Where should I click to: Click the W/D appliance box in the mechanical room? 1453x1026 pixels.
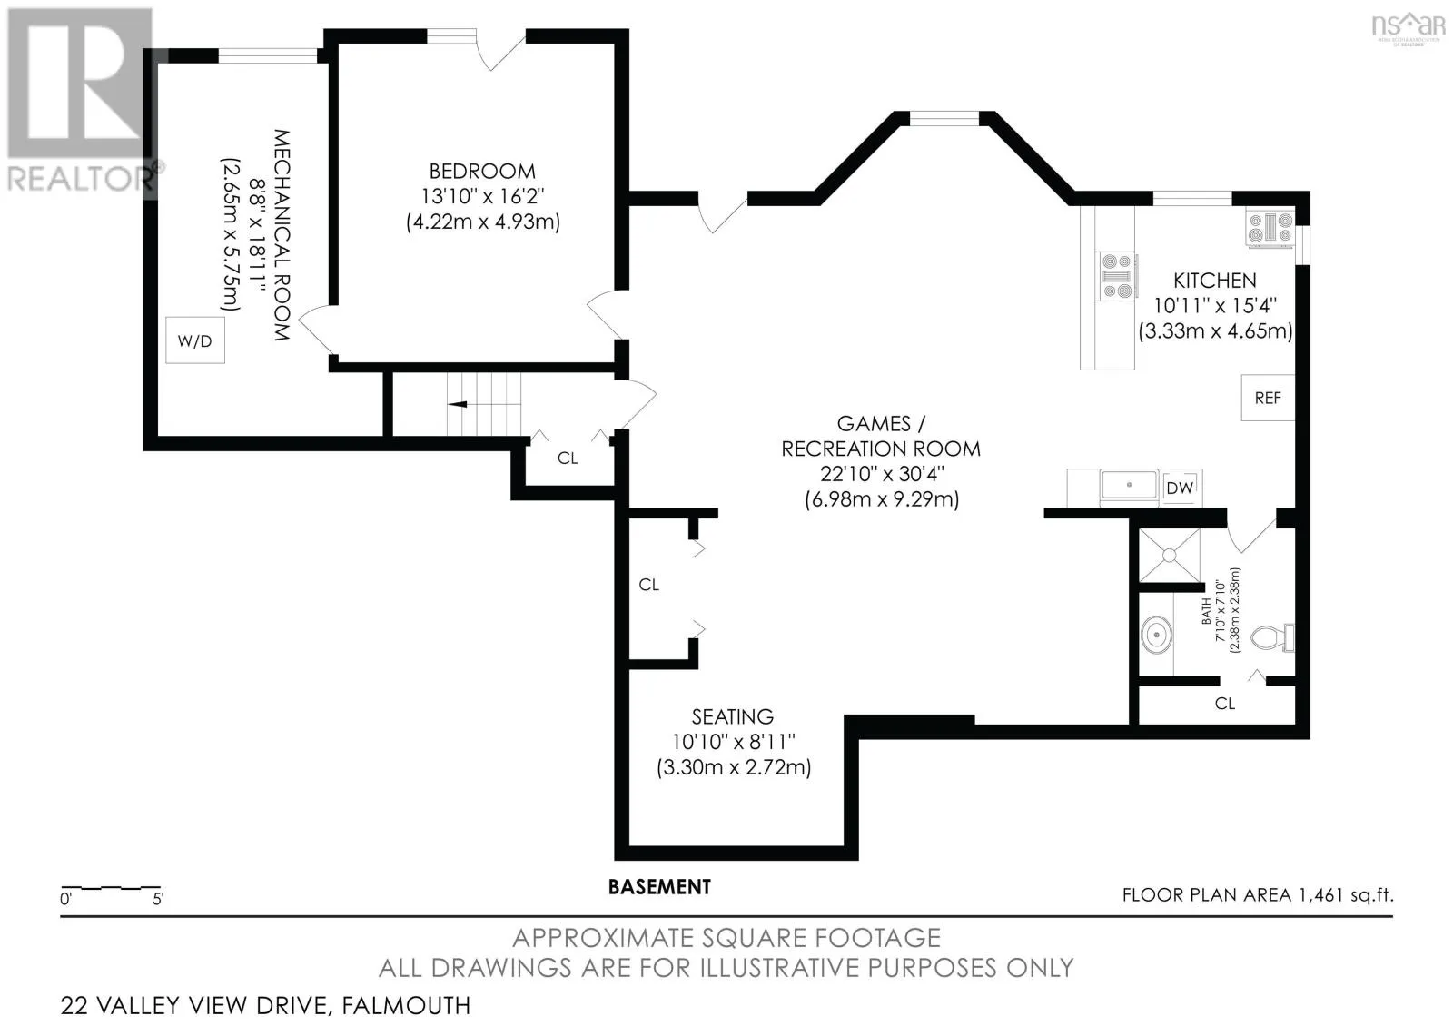195,340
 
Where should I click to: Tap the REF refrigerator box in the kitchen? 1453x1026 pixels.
1268,398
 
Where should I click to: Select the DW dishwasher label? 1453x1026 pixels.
1180,488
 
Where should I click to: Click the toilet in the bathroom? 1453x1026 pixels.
1272,637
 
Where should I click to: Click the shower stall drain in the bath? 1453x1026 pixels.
1170,555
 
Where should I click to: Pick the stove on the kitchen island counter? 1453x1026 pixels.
1117,276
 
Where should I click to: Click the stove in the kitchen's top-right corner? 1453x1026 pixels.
1270,229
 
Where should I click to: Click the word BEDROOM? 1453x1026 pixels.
482,172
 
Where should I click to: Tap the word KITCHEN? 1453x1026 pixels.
1215,281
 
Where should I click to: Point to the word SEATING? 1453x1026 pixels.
732,716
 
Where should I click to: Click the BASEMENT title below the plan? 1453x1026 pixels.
659,886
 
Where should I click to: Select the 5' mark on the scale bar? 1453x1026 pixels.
158,899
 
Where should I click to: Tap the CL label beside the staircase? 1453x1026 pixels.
568,459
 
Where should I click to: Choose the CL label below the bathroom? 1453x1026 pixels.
1225,704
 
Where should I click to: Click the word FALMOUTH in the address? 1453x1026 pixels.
406,1006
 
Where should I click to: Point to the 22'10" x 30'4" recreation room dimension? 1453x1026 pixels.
882,474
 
